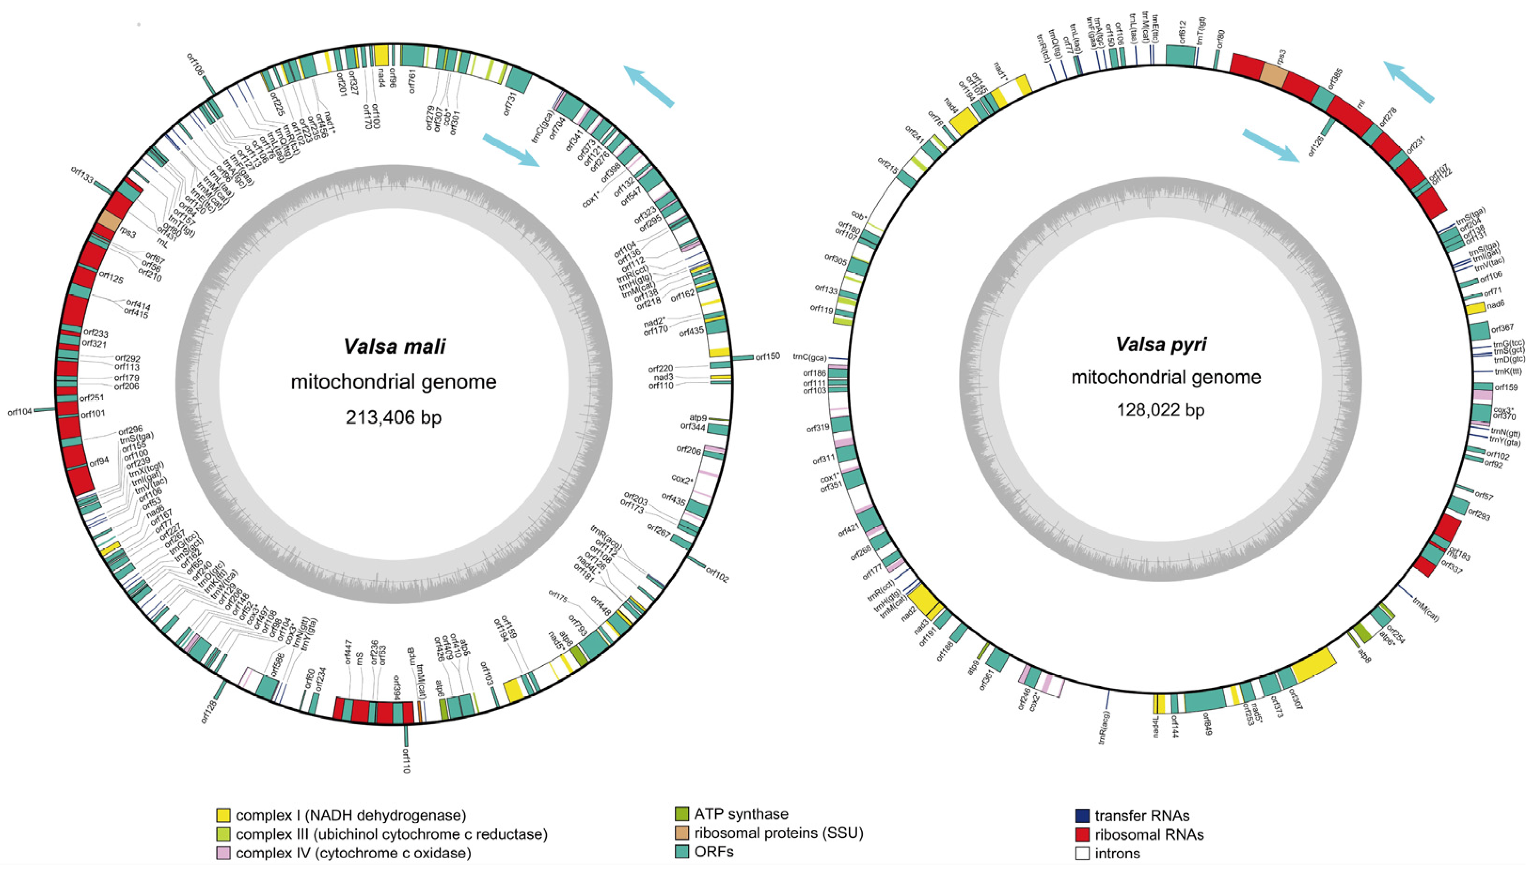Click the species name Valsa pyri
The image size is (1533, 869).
pyautogui.click(x=1161, y=344)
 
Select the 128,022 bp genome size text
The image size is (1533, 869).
pyautogui.click(x=1161, y=410)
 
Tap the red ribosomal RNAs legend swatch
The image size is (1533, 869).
pyautogui.click(x=1083, y=834)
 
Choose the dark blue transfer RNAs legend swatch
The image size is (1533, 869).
pyautogui.click(x=1083, y=815)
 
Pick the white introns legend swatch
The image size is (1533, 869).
pyautogui.click(x=1083, y=853)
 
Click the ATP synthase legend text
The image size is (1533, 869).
pyautogui.click(x=741, y=814)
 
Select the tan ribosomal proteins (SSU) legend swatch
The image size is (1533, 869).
pyautogui.click(x=681, y=833)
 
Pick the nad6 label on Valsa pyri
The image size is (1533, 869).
pyautogui.click(x=1495, y=304)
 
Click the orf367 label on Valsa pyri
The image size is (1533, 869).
pyautogui.click(x=1502, y=328)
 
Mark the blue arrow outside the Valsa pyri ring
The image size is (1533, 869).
pyautogui.click(x=1409, y=82)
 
